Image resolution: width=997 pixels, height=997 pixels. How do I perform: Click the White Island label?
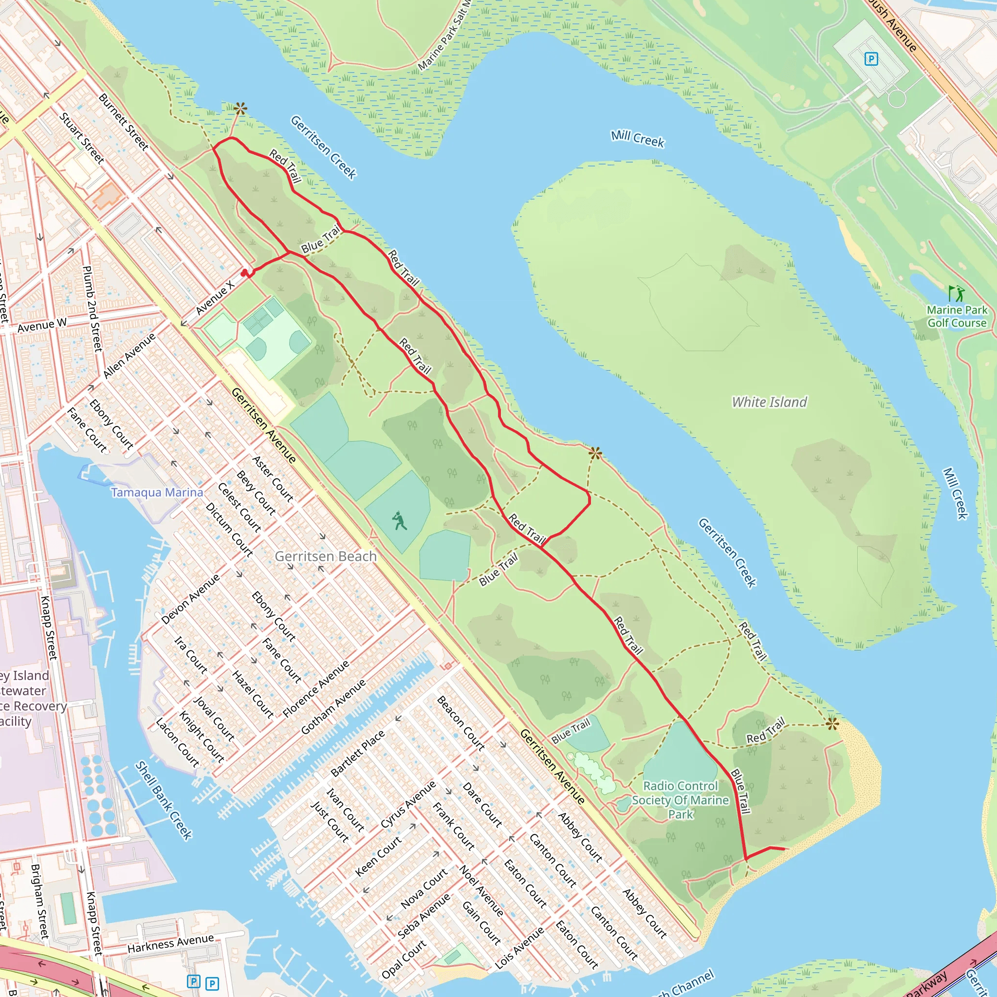pos(769,402)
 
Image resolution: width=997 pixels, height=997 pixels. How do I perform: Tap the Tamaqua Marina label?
pos(157,492)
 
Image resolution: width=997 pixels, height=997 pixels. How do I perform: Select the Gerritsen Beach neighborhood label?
pos(325,556)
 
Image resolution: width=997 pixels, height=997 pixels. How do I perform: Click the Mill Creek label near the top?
pos(637,138)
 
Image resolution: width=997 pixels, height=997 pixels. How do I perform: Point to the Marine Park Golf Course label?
pos(957,316)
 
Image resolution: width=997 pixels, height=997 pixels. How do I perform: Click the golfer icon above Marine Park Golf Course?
pos(956,293)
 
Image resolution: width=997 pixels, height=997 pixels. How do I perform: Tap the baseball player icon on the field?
pos(398,521)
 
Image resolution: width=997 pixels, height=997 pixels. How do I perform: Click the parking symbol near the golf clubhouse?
pos(871,59)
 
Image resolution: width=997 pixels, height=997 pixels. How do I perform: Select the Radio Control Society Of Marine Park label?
pos(680,800)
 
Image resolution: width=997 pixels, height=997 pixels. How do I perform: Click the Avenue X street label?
pos(215,297)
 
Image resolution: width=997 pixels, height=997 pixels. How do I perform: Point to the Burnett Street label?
pos(123,122)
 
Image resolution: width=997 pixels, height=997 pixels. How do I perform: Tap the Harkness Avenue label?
pos(170,944)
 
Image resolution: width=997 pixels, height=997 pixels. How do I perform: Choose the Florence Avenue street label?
pos(316,689)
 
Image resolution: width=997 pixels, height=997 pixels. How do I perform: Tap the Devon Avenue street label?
pos(190,599)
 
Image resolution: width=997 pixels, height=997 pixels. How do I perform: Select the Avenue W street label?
pos(42,326)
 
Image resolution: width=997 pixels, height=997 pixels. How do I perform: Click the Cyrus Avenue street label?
pos(407,805)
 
